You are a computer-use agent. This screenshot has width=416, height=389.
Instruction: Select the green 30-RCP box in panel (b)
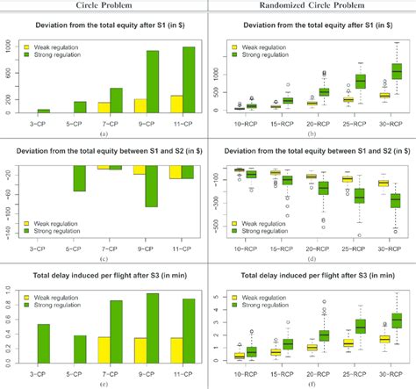396,70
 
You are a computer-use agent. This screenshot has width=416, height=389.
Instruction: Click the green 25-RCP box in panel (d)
359,195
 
